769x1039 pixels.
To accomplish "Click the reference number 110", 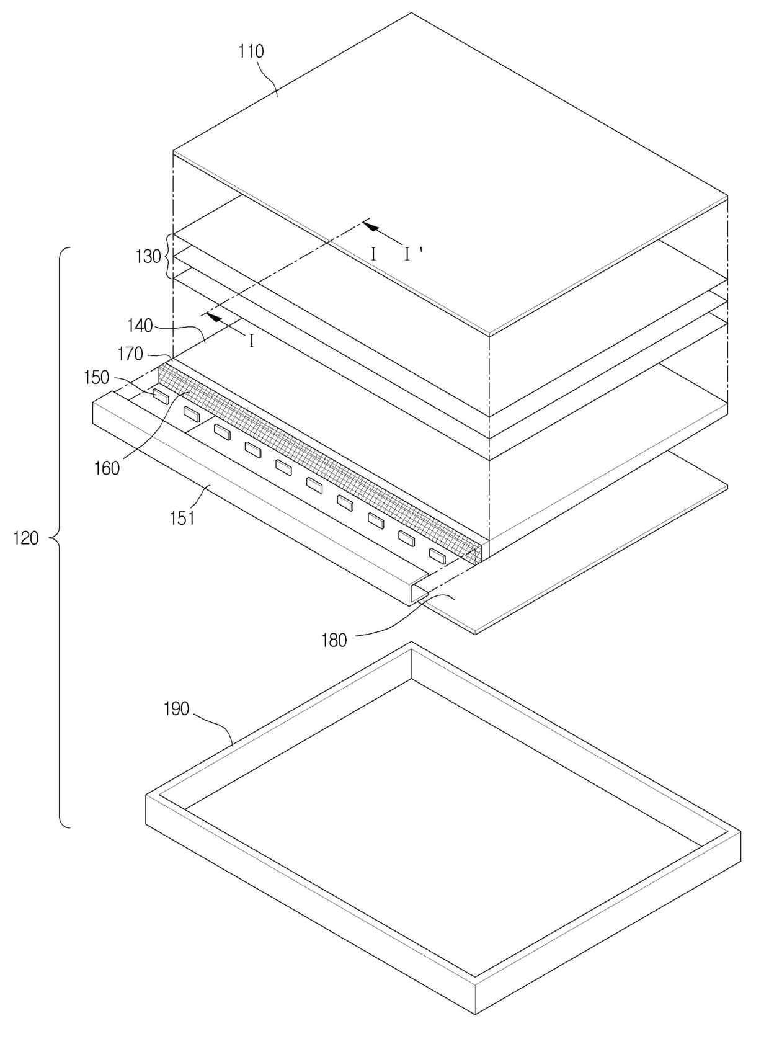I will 251,51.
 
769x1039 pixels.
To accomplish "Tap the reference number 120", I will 26,538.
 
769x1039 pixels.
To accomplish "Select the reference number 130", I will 148,256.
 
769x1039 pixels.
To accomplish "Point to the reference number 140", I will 140,325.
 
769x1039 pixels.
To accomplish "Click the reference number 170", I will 130,354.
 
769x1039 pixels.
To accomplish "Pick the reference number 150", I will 96,378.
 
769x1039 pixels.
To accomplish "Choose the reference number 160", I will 107,468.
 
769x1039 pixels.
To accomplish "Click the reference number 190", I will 176,708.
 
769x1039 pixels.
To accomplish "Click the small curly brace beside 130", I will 166,256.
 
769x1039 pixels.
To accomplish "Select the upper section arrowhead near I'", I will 371,226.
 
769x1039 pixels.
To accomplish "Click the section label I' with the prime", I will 411,253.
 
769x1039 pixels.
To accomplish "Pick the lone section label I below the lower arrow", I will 251,341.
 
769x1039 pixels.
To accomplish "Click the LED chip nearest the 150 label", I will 160,396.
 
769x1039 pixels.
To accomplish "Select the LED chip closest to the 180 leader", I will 437,556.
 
